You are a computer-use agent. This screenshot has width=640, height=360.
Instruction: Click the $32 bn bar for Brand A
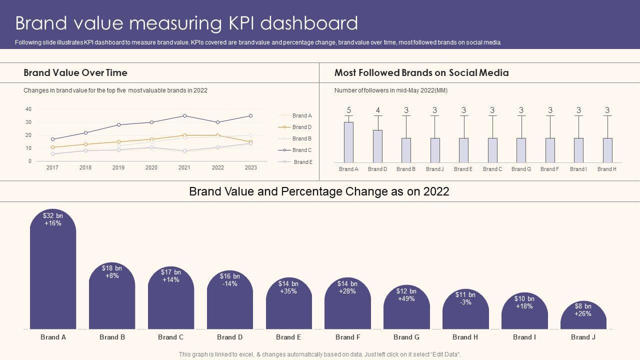coord(53,270)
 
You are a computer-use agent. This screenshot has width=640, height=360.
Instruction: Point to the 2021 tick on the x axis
coord(184,168)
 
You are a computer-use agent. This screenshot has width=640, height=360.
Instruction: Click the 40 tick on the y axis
coord(28,109)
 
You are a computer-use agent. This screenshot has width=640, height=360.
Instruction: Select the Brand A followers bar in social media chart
coord(348,142)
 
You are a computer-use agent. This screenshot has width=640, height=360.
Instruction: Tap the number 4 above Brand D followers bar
coord(377,110)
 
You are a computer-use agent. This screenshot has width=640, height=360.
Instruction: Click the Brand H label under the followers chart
coord(607,169)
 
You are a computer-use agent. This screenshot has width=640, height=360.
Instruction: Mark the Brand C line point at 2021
coord(184,116)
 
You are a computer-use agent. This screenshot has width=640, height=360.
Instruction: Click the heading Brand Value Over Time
coord(75,73)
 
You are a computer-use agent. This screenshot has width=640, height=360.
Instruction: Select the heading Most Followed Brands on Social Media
coord(421,73)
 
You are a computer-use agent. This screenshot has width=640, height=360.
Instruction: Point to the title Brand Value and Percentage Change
coord(319,191)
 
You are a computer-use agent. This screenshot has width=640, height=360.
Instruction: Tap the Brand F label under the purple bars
coord(348,337)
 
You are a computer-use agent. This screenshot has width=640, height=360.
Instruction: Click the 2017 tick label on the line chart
coord(52,168)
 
